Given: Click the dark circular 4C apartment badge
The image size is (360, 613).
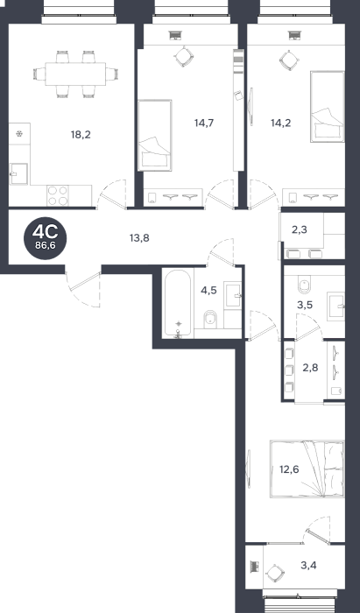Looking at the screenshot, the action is pos(45,238).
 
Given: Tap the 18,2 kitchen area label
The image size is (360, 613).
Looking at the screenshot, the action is pos(81,135).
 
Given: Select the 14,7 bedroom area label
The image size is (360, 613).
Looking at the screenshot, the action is pos(204,123).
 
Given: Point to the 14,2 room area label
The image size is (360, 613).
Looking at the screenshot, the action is pos(281,123).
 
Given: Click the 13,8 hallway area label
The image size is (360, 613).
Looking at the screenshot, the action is pos(139,237).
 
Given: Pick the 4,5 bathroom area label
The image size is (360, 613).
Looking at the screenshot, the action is pos(208,291).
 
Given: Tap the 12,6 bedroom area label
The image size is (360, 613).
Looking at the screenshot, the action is pos(289,469).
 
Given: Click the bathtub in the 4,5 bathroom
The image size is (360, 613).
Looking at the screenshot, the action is pos(178,303).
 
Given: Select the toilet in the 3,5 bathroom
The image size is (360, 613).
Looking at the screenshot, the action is pos(304,285).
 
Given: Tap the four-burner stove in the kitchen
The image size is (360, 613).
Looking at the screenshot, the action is pos(58,195).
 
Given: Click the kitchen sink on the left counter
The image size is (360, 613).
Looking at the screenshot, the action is pos(18,173).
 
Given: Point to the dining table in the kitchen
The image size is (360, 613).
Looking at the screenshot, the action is pos(75,74).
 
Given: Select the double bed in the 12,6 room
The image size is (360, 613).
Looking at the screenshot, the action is pos(307,469).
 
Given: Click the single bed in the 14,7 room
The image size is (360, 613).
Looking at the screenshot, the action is pos(155,135).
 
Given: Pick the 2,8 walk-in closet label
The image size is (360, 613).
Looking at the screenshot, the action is pos(310,368).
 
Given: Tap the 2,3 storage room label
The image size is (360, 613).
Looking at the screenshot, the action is pos(300,229).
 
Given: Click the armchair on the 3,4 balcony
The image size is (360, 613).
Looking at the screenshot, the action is pos(276,574).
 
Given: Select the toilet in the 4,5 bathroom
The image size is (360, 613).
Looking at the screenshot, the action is pos(210,320).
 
